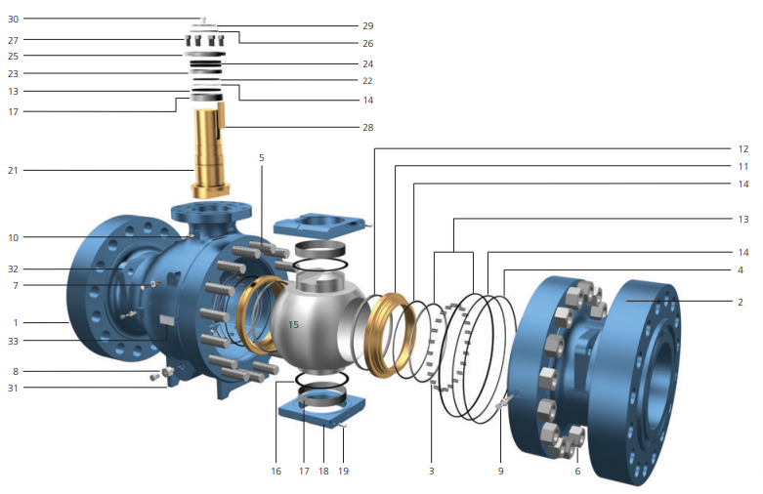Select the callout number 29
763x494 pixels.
[x=367, y=25]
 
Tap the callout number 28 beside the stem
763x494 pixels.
[x=367, y=127]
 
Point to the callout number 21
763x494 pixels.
[x=14, y=171]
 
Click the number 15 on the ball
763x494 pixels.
[x=293, y=323]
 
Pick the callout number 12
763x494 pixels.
[x=743, y=149]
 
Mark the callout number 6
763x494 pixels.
[x=577, y=471]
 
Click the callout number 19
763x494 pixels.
[x=343, y=472]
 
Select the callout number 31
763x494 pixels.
[x=14, y=389]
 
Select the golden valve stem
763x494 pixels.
[x=208, y=151]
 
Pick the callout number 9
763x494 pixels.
[x=500, y=472]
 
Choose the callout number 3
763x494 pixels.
[x=431, y=472]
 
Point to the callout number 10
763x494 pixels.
[x=14, y=237]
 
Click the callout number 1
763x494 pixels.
[x=14, y=321]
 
